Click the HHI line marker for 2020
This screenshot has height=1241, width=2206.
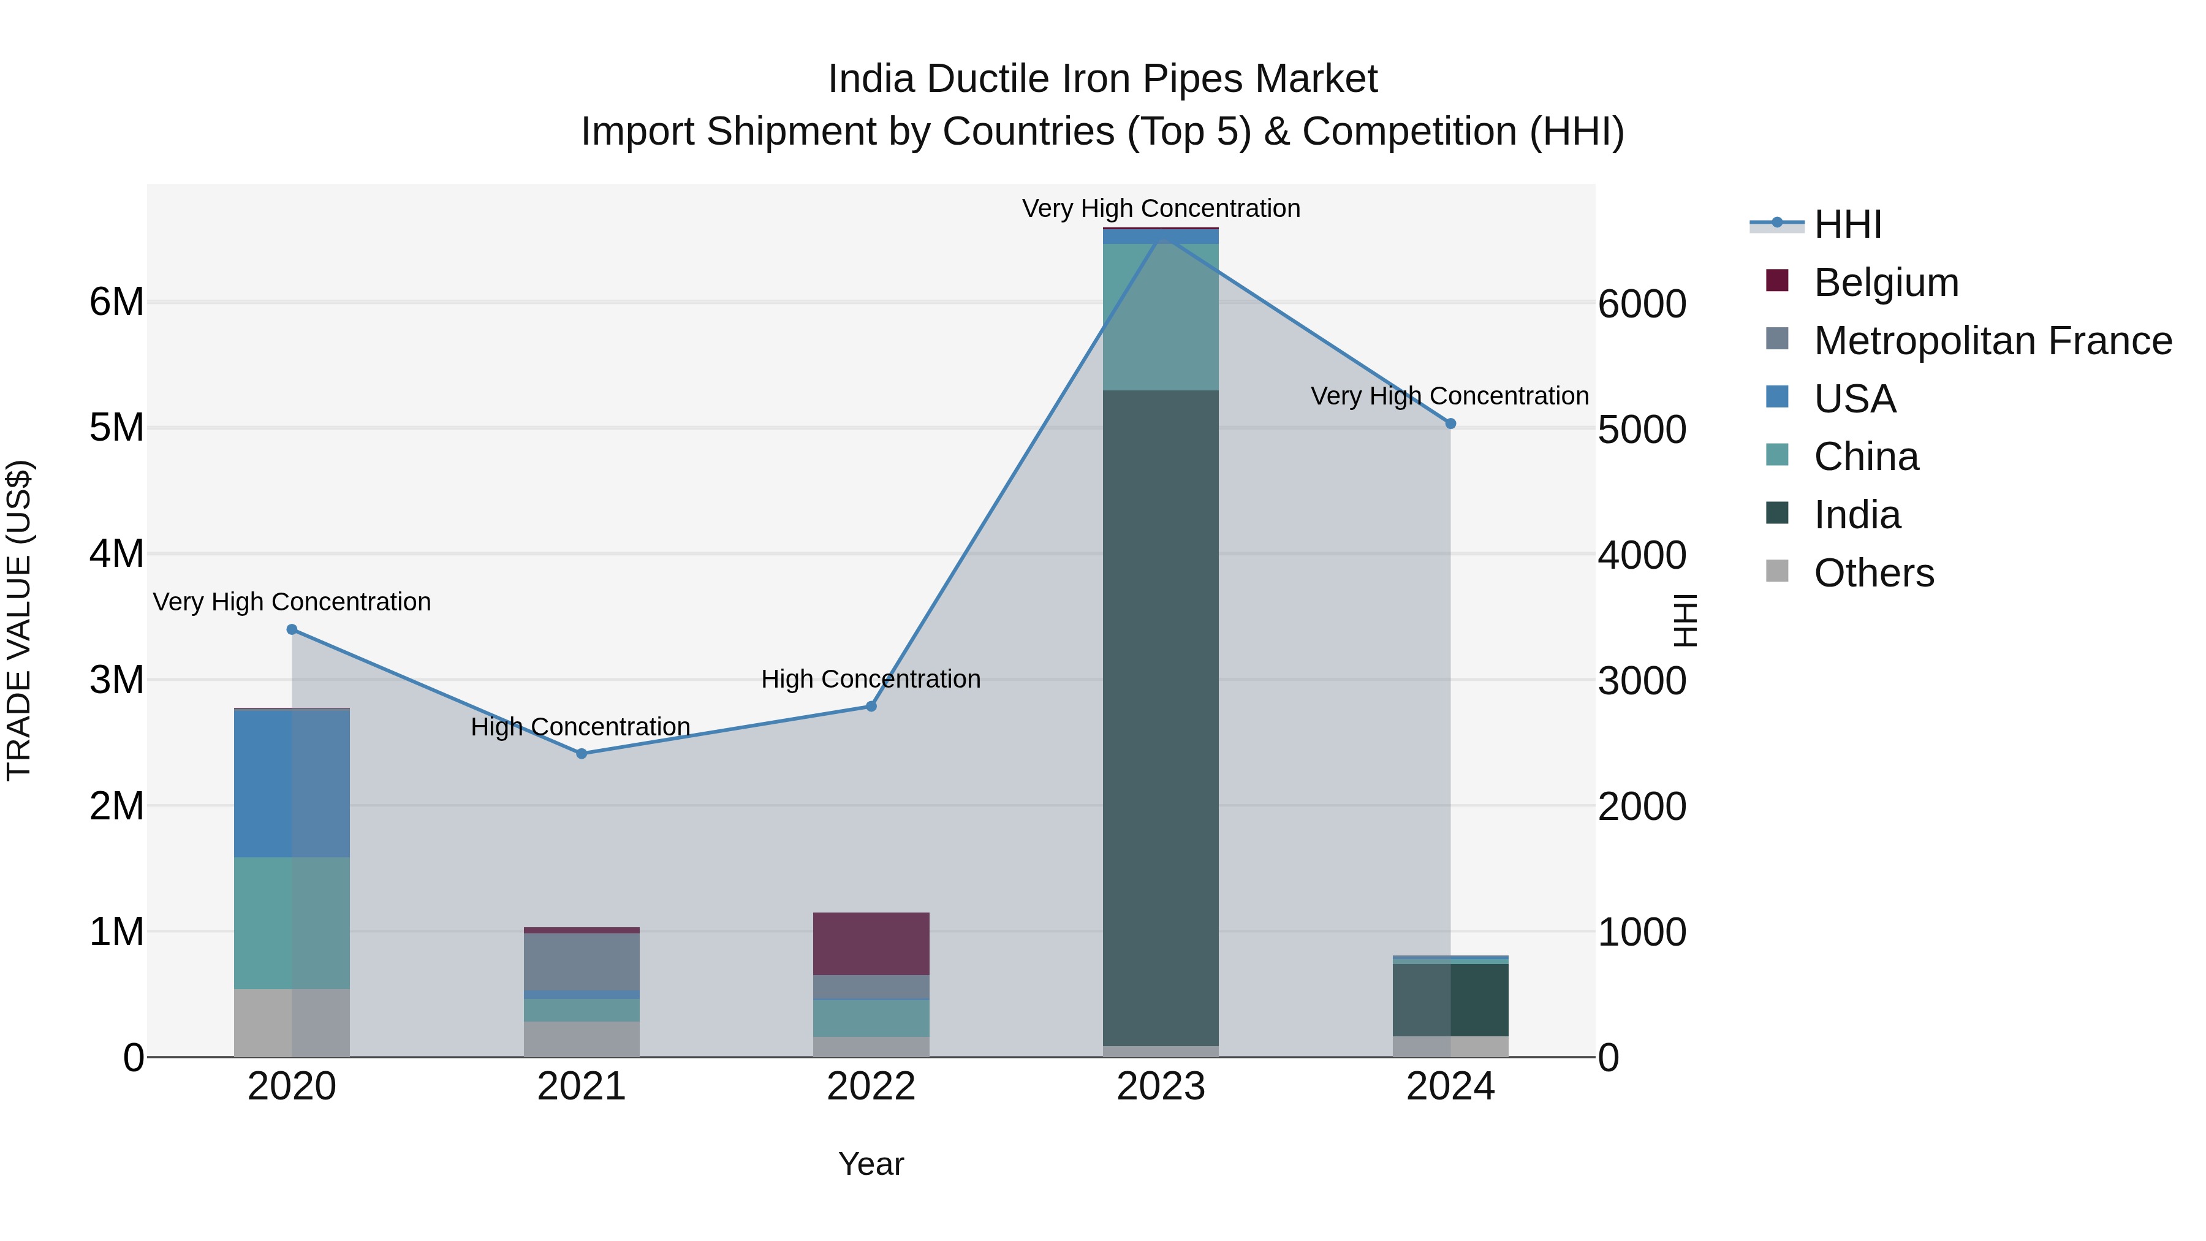click(x=292, y=629)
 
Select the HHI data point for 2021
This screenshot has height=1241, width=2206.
click(x=582, y=754)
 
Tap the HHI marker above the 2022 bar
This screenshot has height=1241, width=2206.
click(x=871, y=707)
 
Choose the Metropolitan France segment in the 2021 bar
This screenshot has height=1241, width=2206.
click(x=582, y=962)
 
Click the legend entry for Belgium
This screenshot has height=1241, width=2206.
click(x=1885, y=283)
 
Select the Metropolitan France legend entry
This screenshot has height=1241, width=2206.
click(x=1992, y=341)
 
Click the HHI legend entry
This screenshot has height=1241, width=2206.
click(x=1847, y=224)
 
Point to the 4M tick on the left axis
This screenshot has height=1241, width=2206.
click(x=116, y=554)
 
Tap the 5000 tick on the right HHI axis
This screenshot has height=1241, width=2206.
click(x=1642, y=430)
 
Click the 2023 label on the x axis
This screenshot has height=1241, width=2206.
click(x=1161, y=1087)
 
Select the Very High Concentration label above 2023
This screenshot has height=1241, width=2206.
click(x=1161, y=208)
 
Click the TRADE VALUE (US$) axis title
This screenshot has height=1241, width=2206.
click(x=19, y=620)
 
